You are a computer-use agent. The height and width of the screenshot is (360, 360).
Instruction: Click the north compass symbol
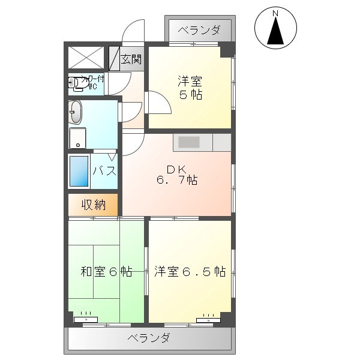276,29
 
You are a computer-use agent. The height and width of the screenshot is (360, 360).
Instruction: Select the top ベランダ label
199,31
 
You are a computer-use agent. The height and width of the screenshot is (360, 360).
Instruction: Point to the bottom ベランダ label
149,338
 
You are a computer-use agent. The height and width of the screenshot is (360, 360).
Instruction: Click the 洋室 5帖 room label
189,88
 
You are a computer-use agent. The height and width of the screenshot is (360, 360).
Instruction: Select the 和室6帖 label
106,271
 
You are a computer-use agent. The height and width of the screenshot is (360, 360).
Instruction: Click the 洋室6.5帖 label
189,271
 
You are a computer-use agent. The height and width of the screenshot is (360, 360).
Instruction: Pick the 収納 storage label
94,205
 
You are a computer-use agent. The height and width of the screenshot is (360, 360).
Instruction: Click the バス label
104,170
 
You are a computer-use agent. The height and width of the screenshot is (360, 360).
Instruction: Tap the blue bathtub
79,171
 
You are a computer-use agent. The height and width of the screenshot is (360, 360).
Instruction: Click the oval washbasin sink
75,112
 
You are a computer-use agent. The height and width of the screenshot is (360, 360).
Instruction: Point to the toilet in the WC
76,85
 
